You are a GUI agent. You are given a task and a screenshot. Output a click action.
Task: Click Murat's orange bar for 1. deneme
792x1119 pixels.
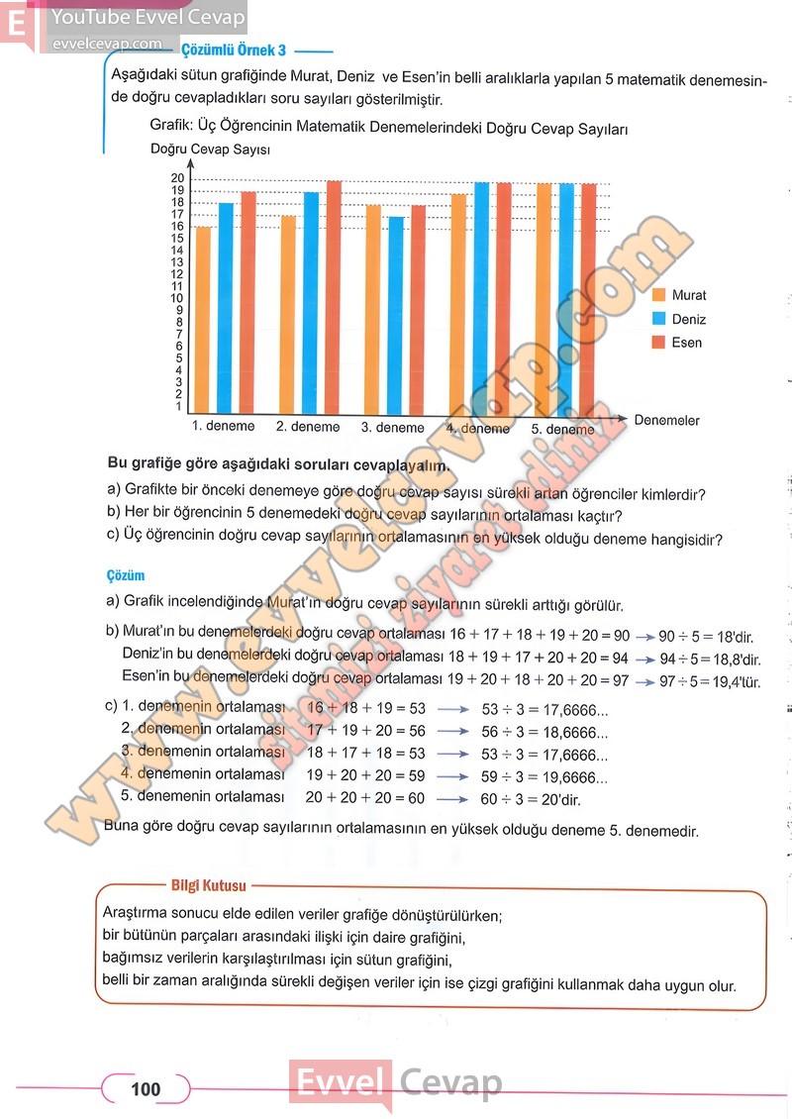pyautogui.click(x=203, y=319)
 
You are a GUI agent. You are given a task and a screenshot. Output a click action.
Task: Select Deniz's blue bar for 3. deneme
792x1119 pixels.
pyautogui.click(x=396, y=315)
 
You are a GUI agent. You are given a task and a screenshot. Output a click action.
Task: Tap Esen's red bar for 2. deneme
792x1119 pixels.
pyautogui.click(x=334, y=297)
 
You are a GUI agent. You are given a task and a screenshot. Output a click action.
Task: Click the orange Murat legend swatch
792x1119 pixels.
pyautogui.click(x=659, y=295)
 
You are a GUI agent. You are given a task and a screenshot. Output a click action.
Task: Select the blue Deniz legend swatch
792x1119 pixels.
pyautogui.click(x=659, y=319)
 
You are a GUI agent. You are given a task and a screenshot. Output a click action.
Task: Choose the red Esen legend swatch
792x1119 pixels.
pyautogui.click(x=659, y=343)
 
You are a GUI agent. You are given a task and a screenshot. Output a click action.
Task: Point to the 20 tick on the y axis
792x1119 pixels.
pyautogui.click(x=177, y=178)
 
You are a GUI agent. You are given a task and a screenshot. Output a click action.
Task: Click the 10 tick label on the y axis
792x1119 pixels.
pyautogui.click(x=177, y=298)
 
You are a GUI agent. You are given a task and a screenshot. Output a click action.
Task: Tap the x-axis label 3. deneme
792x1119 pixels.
pyautogui.click(x=392, y=428)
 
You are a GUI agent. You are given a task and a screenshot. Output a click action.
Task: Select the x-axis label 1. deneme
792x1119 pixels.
pyautogui.click(x=223, y=427)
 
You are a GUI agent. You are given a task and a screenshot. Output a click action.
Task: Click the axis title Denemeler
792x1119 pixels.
pyautogui.click(x=666, y=421)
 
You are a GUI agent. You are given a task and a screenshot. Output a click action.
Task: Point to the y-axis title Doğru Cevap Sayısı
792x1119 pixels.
pyautogui.click(x=211, y=150)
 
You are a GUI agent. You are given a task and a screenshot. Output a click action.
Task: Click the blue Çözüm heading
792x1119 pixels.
pyautogui.click(x=126, y=575)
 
